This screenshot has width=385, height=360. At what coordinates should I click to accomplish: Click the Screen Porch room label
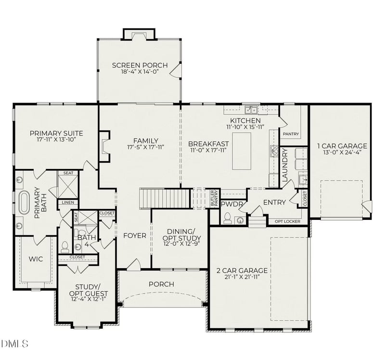pos(140,65)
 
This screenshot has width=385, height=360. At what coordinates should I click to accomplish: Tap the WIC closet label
pos(35,259)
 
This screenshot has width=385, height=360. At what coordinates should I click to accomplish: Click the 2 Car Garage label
pos(245,270)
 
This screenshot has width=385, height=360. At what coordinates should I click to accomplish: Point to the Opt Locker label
pos(287,221)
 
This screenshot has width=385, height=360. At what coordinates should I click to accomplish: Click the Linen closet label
pos(68,203)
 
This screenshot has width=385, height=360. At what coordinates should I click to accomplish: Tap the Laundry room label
pos(284,165)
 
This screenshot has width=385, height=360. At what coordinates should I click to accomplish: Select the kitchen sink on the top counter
pos(251,110)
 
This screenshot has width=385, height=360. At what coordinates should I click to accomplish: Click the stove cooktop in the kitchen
pos(275,152)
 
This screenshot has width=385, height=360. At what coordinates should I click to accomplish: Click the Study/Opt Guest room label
pos(89,290)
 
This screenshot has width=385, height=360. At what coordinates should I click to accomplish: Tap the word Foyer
pos(134,236)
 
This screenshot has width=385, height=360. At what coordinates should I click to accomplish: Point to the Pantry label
pos(291,134)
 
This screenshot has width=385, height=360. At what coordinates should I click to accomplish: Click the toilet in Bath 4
pos(65,247)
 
